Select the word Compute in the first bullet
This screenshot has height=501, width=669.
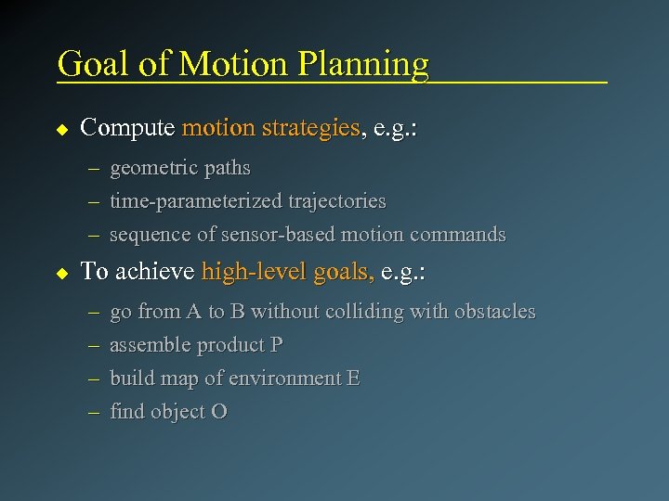[127, 128]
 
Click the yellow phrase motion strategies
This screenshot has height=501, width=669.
[271, 128]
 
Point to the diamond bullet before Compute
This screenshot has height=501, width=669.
[62, 129]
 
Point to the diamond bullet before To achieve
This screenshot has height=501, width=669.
[62, 274]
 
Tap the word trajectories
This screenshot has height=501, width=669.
[337, 201]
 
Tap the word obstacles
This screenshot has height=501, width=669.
[494, 312]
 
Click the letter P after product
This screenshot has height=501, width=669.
[276, 345]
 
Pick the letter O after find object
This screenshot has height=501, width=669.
[219, 412]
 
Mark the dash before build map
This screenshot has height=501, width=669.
[95, 379]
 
